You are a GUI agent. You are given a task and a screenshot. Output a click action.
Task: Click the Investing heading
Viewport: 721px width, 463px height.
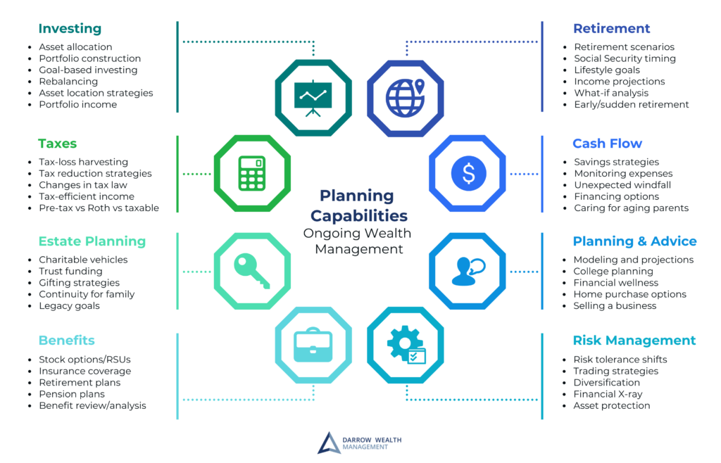tap(70, 28)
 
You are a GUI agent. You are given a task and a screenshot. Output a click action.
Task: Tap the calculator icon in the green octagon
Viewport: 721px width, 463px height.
tap(252, 173)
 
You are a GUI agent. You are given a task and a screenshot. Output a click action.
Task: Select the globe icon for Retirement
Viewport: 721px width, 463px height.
tap(405, 98)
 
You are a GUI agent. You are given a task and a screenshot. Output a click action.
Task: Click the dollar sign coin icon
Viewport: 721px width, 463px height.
tap(468, 173)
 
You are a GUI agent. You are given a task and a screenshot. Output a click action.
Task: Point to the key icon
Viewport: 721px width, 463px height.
tap(251, 271)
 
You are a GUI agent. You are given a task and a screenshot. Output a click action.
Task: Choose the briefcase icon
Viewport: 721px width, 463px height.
tap(313, 345)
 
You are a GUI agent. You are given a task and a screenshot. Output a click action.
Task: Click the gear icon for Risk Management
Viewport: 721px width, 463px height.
tap(406, 345)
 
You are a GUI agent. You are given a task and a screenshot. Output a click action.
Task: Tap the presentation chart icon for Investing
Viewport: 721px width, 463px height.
tap(313, 99)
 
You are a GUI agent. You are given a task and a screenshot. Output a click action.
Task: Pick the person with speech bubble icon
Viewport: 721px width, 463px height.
tap(468, 272)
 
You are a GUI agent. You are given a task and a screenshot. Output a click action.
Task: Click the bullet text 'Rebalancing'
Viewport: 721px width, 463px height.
tap(68, 82)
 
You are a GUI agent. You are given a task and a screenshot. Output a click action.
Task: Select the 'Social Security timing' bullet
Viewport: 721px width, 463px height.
tap(625, 58)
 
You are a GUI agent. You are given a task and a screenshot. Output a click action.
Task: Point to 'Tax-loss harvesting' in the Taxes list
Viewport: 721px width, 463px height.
tap(84, 162)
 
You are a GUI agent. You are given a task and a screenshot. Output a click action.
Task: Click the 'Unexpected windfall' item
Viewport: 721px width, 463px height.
tap(622, 184)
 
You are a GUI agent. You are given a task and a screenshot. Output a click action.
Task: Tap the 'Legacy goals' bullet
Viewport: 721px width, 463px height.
tap(70, 305)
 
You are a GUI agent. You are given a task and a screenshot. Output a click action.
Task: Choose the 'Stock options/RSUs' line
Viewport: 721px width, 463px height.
tap(85, 359)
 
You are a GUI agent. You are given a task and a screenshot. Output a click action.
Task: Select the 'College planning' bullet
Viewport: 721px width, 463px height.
tap(613, 271)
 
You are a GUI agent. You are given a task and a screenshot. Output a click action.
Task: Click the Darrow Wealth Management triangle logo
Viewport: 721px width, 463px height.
tap(328, 444)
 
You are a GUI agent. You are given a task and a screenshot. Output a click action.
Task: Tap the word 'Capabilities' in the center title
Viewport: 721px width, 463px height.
tap(359, 215)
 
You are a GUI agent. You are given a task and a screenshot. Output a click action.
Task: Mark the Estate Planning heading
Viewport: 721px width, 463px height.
tap(92, 241)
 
